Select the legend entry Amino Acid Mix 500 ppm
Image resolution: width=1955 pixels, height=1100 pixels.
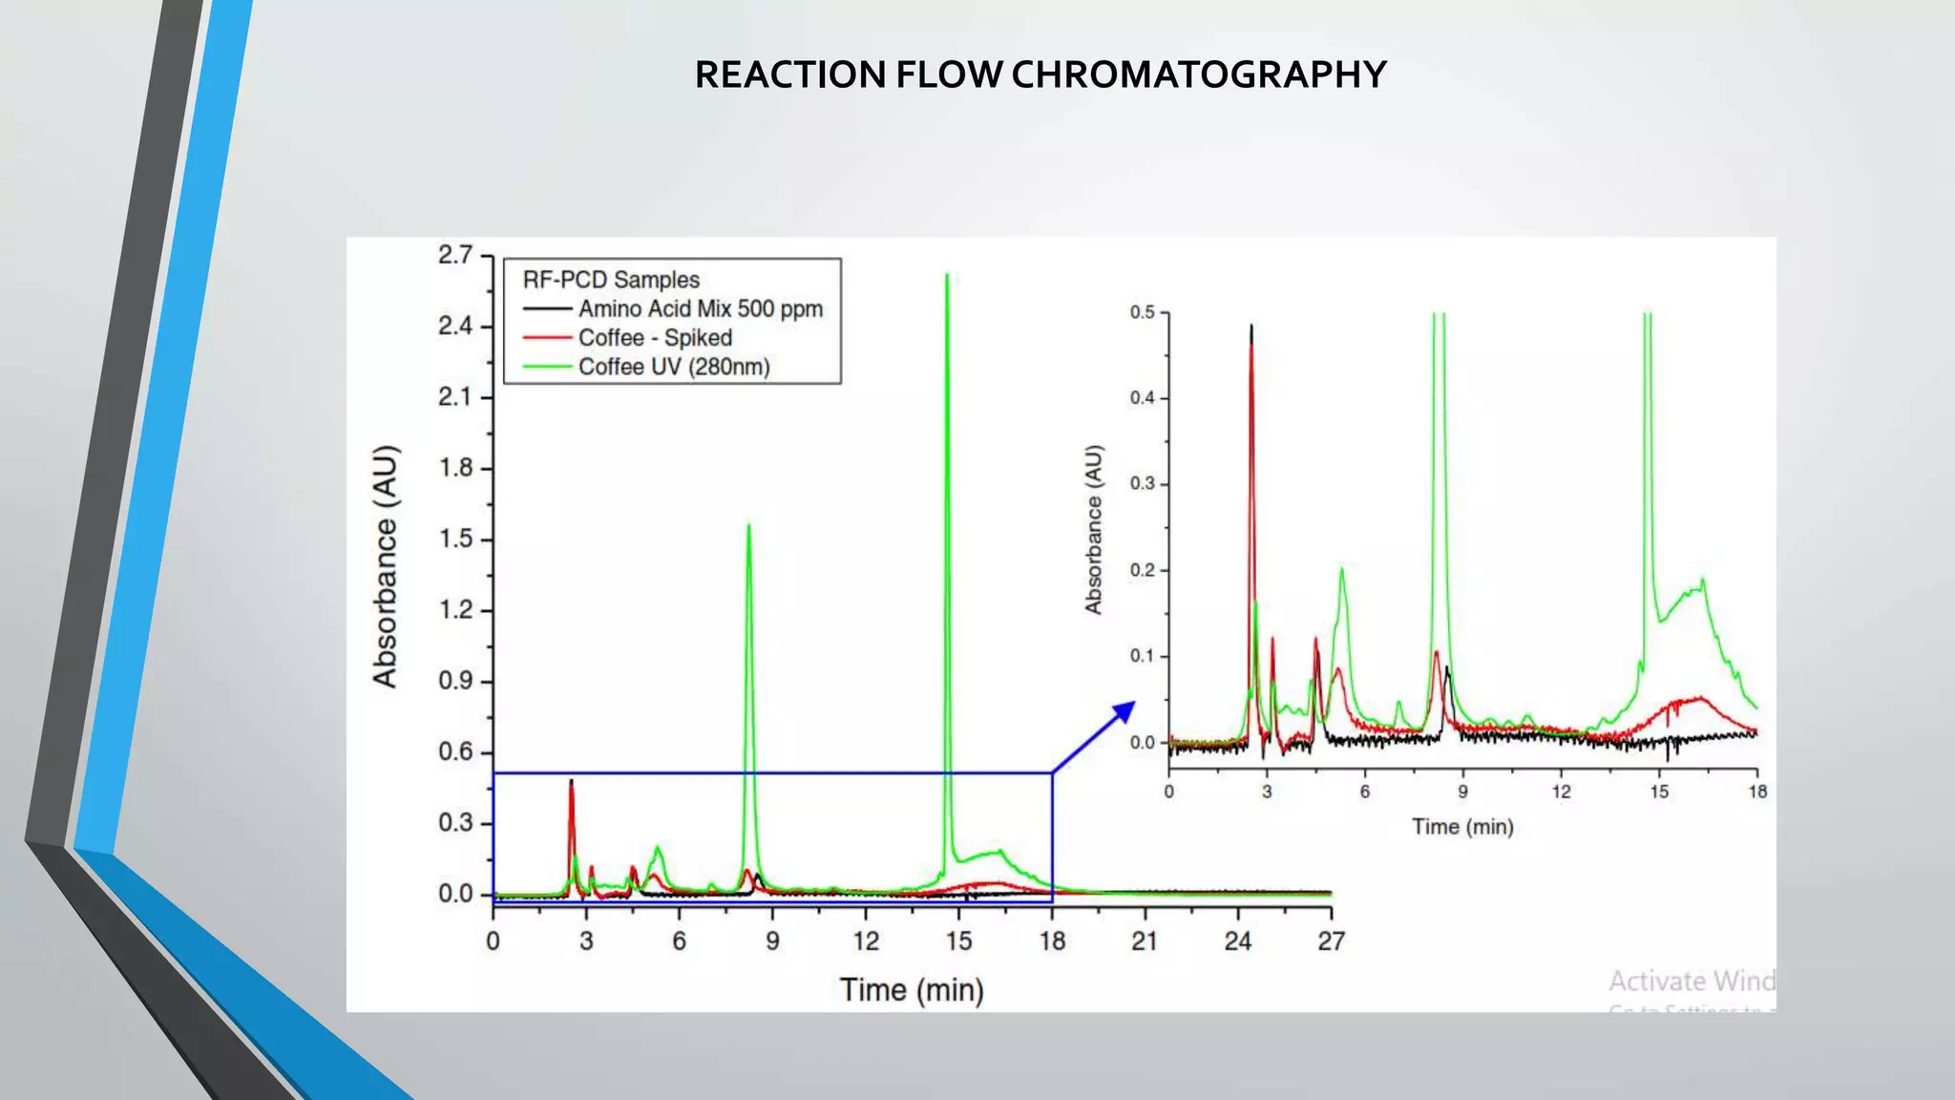click(x=700, y=309)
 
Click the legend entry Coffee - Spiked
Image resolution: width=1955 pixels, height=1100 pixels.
click(x=655, y=338)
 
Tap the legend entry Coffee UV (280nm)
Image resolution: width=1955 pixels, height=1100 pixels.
click(x=674, y=367)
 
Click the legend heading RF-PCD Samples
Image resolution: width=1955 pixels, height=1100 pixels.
click(x=611, y=280)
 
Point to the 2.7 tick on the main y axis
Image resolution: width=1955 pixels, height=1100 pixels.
click(x=455, y=255)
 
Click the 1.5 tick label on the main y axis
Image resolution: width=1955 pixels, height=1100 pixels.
click(x=455, y=539)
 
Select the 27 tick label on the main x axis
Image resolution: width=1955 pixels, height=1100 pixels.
click(x=1331, y=941)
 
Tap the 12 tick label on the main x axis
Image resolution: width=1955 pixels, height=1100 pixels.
click(x=865, y=941)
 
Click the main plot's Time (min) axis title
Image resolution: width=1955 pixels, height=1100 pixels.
click(x=912, y=990)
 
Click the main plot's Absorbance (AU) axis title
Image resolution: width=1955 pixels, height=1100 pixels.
click(x=385, y=566)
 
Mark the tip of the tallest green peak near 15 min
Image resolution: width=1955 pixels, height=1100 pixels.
click(x=946, y=275)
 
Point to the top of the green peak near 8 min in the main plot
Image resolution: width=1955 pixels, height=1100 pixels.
click(x=748, y=525)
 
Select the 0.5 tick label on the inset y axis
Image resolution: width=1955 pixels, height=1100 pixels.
click(x=1142, y=312)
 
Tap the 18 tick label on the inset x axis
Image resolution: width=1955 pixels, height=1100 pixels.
click(x=1757, y=792)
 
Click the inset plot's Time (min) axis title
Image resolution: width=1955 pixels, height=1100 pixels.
click(x=1462, y=827)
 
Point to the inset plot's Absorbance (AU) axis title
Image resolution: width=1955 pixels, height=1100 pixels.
click(x=1094, y=530)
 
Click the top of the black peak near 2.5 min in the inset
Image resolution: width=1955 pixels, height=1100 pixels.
click(x=1251, y=327)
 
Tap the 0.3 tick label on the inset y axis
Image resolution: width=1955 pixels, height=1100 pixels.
click(x=1142, y=484)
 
